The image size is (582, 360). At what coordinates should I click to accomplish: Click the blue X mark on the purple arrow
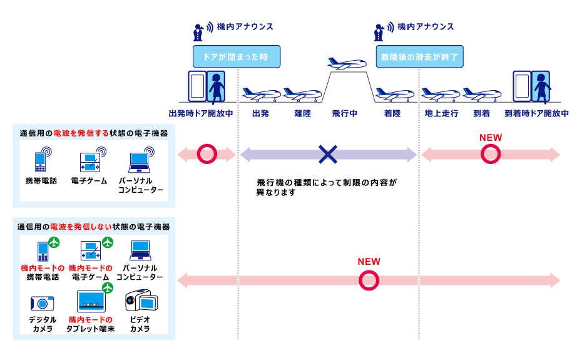[328, 154]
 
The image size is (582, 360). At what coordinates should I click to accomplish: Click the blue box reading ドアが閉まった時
[235, 57]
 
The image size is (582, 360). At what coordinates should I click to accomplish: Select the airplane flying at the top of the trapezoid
[347, 64]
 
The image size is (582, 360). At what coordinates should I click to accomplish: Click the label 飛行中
[345, 114]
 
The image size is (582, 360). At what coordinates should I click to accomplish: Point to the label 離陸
[302, 114]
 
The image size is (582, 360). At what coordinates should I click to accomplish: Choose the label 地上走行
[442, 114]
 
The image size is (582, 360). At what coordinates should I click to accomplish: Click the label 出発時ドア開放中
[201, 114]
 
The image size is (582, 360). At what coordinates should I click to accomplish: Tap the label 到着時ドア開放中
[536, 114]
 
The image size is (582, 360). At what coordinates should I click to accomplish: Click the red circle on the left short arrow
[207, 154]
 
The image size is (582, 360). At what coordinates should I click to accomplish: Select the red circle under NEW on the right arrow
[491, 154]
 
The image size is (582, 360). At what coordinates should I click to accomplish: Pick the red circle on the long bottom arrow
[369, 280]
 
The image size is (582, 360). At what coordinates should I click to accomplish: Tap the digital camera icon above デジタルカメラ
[41, 303]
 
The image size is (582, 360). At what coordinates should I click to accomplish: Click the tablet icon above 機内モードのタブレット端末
[91, 301]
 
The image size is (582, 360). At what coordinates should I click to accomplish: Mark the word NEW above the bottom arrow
[369, 262]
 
